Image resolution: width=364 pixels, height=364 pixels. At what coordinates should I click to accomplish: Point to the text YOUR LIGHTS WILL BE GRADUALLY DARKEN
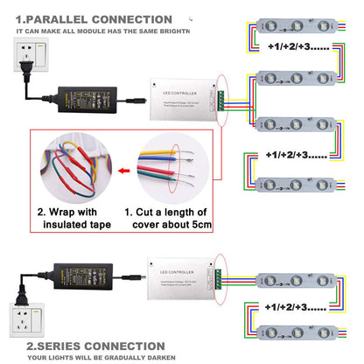tap(101, 357)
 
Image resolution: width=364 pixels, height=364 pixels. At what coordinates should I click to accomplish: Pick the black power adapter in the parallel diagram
tap(88, 92)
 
